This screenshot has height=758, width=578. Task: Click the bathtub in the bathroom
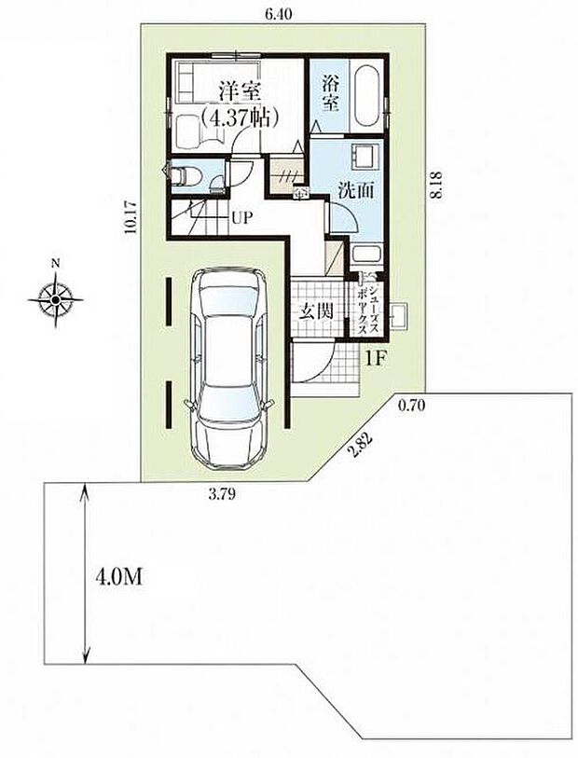point(366,95)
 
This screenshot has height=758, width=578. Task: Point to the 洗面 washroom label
point(356,190)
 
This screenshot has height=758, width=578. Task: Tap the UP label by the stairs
point(241,218)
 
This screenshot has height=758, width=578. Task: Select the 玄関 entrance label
point(316,311)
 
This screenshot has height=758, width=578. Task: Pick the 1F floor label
point(376,359)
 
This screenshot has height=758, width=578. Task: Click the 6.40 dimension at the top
point(279,15)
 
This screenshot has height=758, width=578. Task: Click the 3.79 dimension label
point(222,494)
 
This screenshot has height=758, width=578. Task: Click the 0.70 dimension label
point(411,406)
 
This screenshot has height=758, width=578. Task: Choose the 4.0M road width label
point(119,578)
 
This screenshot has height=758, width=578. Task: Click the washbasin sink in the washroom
point(364,157)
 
